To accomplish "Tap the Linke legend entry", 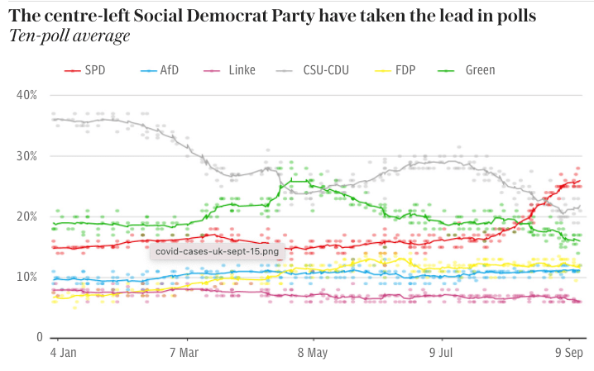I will (232, 70).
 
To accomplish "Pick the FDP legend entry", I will (404, 70).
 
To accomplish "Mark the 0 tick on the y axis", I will (36, 337).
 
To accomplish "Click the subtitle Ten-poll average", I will (69, 36).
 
